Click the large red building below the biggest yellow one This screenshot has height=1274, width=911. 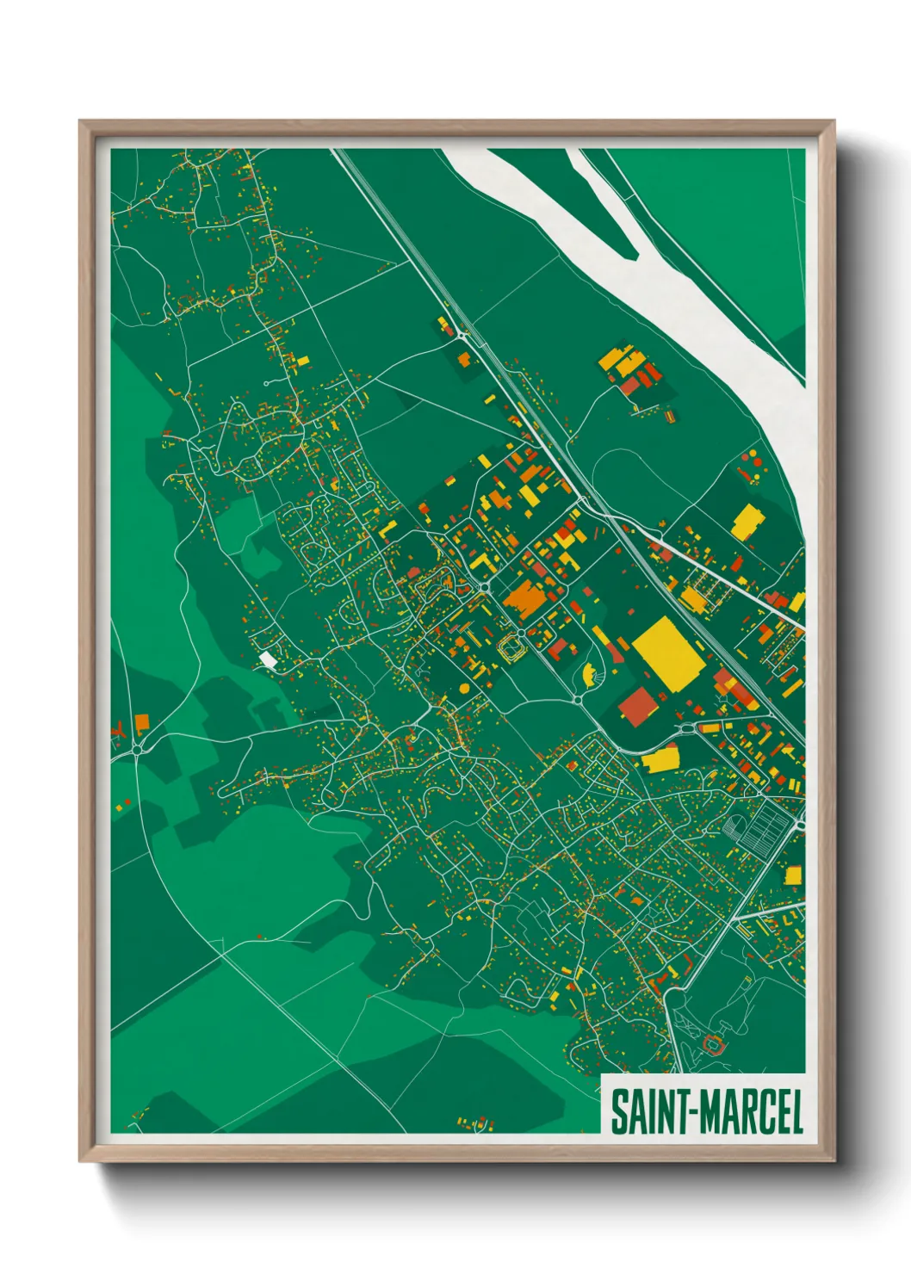[x=638, y=707]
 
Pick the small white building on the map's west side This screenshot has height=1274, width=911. [x=269, y=659]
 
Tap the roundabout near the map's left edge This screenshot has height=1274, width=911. [x=137, y=751]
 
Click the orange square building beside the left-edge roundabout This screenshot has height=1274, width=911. [x=142, y=721]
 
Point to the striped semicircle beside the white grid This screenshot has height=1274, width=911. [x=733, y=829]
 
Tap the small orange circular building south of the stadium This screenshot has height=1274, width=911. [x=465, y=689]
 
